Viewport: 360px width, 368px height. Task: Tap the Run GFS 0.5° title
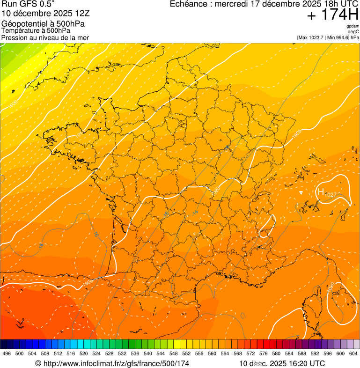coord(28,4)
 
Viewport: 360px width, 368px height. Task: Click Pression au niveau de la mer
coord(45,37)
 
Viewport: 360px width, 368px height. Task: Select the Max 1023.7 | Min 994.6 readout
coord(328,37)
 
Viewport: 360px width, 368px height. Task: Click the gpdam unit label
coord(353,26)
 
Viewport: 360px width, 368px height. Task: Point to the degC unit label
coord(353,32)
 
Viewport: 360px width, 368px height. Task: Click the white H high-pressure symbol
coord(321,191)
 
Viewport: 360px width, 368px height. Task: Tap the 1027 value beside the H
coord(331,194)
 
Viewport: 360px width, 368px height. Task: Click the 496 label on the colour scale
coord(7,353)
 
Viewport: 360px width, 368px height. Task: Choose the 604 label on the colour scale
coord(353,353)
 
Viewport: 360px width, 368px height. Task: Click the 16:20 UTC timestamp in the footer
coord(304,363)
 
